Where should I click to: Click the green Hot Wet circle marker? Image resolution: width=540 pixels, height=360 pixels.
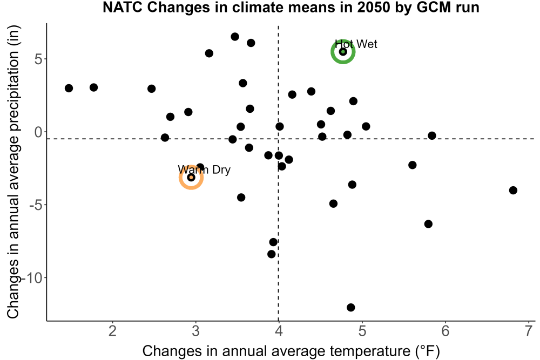coord(343,41)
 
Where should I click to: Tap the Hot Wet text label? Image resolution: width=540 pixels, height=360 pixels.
coord(356,44)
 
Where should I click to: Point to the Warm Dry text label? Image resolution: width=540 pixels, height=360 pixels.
coord(204,169)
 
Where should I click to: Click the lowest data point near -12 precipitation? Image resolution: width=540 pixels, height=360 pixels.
coord(350,307)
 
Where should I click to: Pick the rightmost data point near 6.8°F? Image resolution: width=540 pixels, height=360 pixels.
coord(513,190)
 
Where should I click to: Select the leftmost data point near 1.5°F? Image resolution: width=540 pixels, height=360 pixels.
coord(69,88)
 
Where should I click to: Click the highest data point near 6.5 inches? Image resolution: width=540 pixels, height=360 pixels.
coord(235,37)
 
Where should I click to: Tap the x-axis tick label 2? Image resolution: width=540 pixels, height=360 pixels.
coord(113,331)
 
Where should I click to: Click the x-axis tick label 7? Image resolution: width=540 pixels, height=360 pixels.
coord(529,331)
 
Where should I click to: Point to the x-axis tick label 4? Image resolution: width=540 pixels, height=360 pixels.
coord(279,331)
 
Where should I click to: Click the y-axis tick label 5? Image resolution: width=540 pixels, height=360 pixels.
coord(38,59)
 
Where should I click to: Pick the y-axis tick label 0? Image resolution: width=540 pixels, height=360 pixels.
coord(38,132)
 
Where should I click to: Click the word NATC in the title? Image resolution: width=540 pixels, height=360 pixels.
coord(123,7)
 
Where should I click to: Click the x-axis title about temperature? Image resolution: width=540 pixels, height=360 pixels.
coord(291,351)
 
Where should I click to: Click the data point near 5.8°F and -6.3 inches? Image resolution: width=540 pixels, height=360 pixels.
coord(428,223)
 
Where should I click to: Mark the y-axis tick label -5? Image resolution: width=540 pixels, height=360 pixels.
coord(36,205)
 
